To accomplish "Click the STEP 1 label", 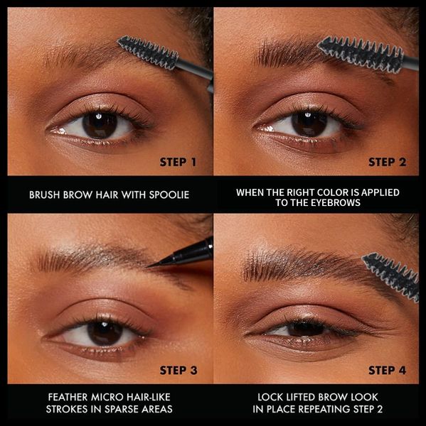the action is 178,162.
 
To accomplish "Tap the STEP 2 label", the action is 387,162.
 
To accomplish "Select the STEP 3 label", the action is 179,371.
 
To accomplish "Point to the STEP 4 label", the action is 387,371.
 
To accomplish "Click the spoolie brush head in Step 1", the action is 149,53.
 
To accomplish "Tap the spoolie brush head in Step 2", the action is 361,55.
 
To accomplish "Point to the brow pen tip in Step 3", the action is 149,266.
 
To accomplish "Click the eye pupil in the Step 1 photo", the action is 100,125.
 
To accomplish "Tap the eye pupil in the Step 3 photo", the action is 105,333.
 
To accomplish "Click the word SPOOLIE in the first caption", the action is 169,195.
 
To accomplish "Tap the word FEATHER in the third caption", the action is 68,397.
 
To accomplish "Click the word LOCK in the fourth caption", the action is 270,397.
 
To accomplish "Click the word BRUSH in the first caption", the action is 45,195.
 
